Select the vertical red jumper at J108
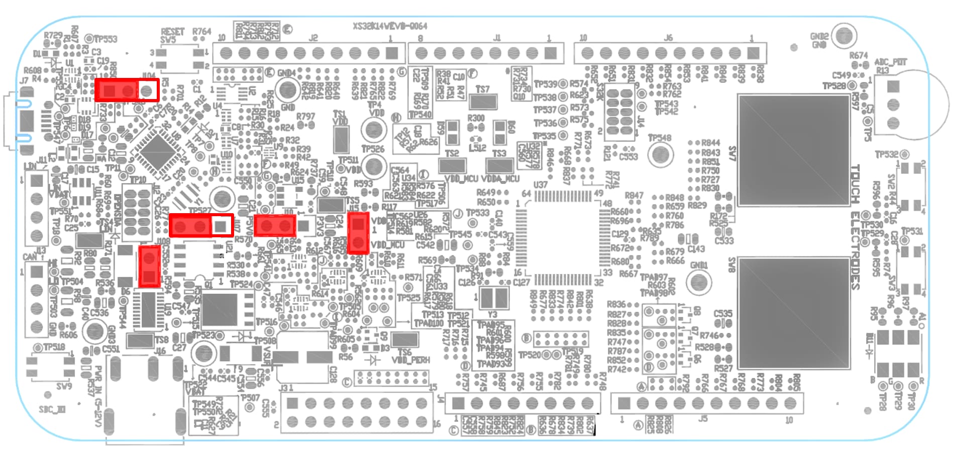click(149, 266)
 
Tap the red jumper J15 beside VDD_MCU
click(358, 233)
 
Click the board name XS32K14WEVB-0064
click(389, 26)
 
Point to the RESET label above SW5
click(172, 32)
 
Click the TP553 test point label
click(105, 39)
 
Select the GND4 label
click(287, 72)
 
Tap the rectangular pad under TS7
click(483, 102)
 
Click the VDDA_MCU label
click(500, 179)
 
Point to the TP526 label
click(373, 149)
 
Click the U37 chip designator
click(541, 185)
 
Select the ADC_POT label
click(891, 62)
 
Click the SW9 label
click(64, 386)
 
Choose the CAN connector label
click(30, 257)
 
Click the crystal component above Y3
click(494, 298)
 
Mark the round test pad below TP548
click(660, 155)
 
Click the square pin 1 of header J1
click(551, 53)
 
